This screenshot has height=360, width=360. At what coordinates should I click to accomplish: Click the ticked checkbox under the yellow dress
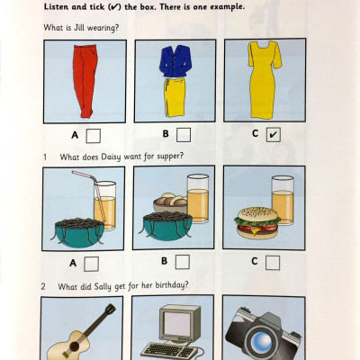(x=274, y=135)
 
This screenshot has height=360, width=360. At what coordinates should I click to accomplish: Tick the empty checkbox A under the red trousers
(x=93, y=136)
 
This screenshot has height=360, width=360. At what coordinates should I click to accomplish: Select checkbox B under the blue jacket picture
(x=183, y=135)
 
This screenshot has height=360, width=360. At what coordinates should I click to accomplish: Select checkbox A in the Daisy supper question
(x=91, y=263)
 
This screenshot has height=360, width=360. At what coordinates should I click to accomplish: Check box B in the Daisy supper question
(x=182, y=262)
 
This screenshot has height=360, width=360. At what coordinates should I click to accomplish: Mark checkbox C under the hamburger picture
(x=274, y=262)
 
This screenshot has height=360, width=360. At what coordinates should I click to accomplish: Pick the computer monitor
(x=175, y=324)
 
